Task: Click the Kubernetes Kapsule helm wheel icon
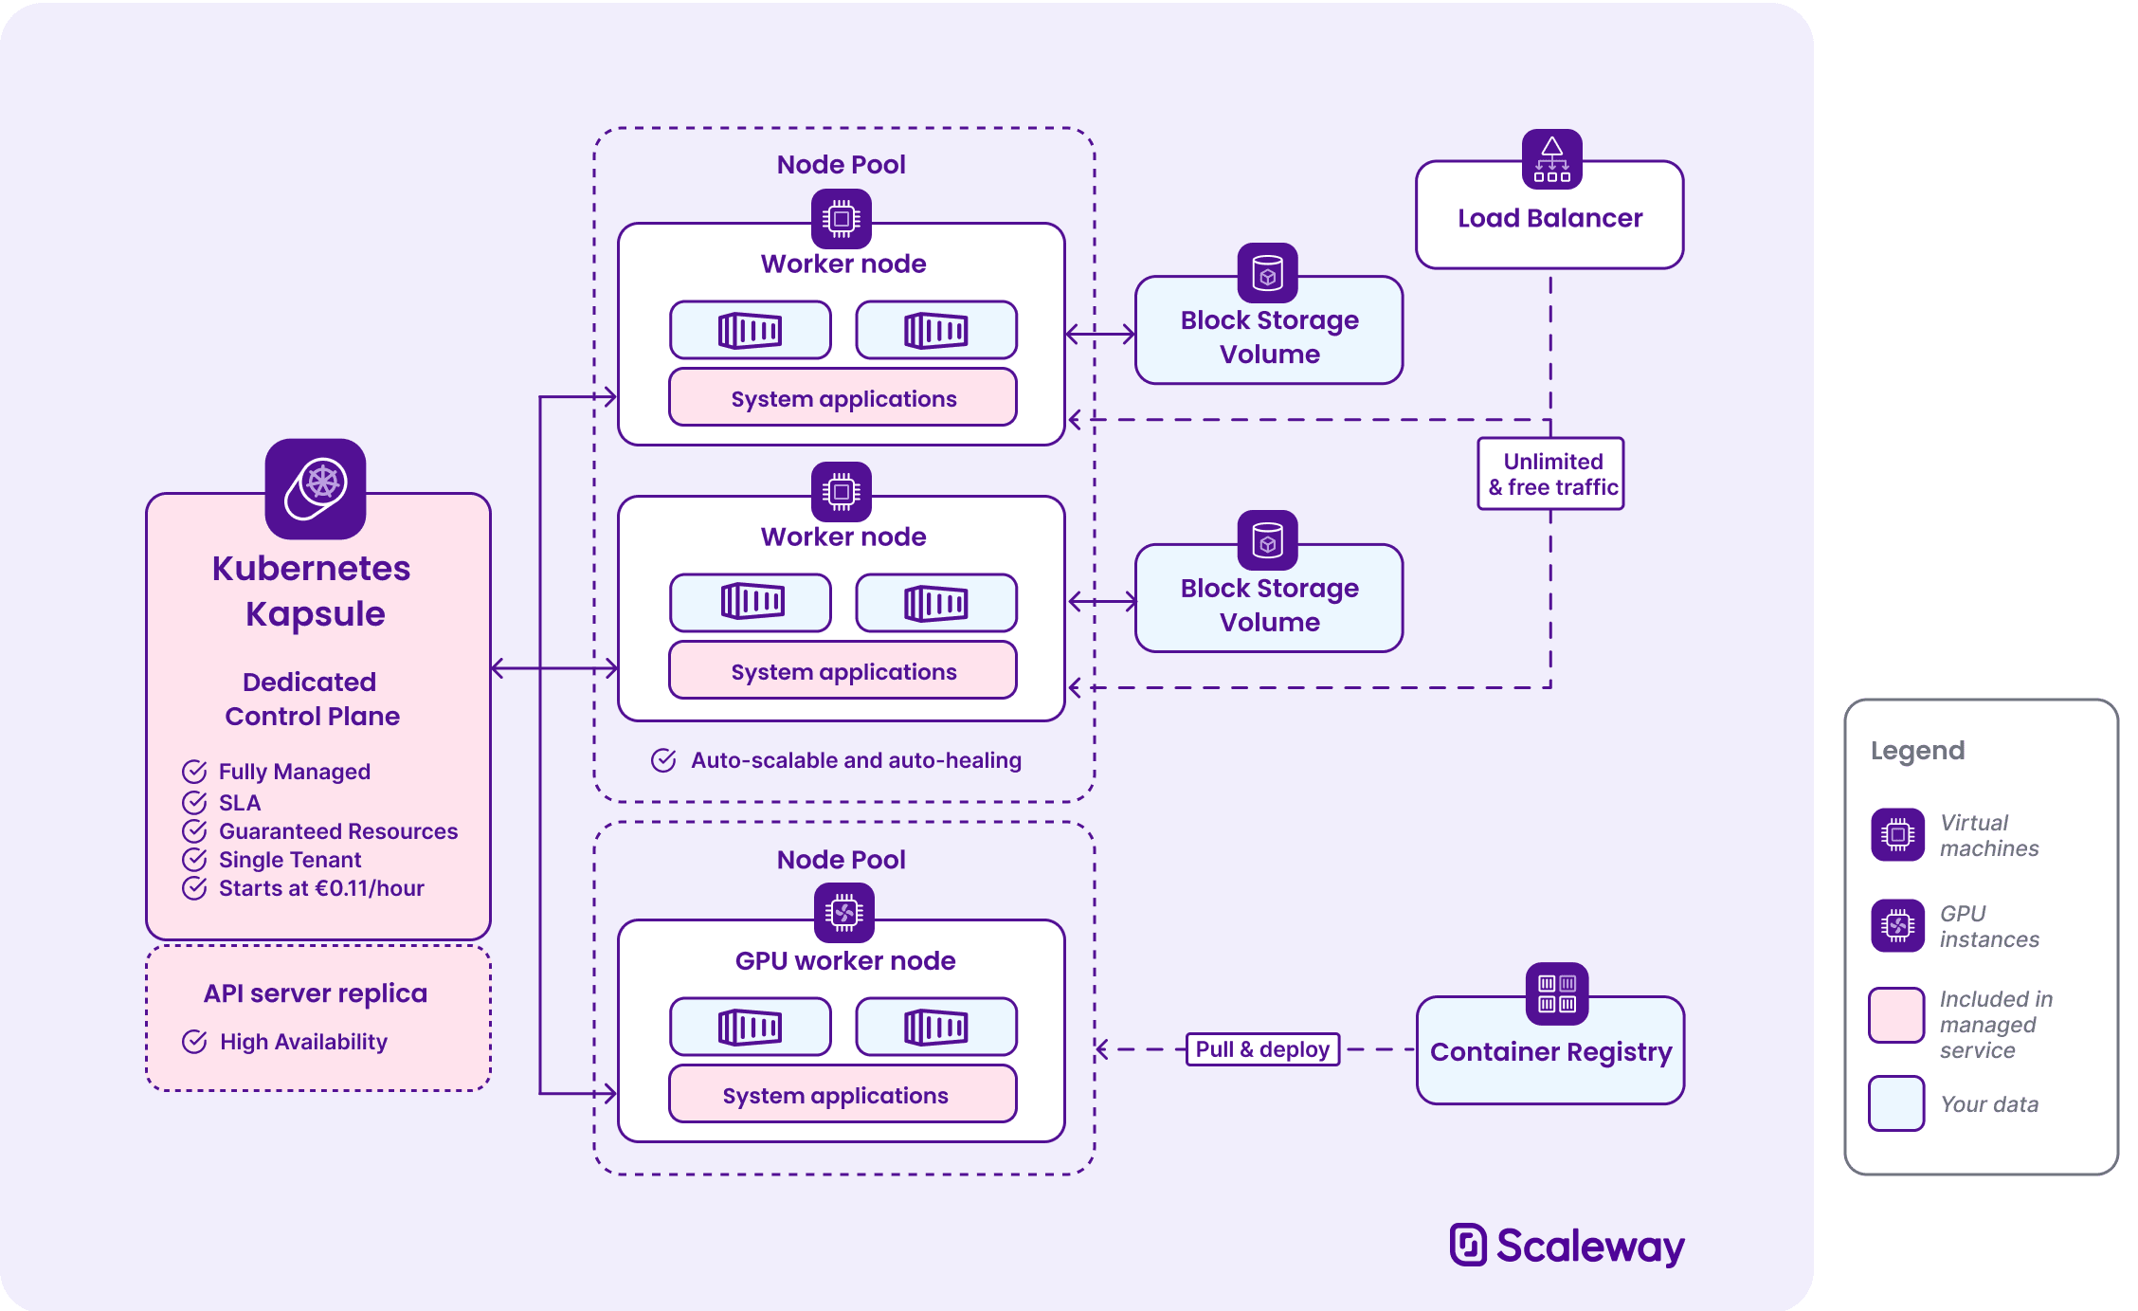[316, 487]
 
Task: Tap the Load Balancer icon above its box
[1551, 159]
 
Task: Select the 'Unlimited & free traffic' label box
[1550, 474]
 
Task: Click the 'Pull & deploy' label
[1262, 1049]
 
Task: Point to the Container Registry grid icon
[1556, 993]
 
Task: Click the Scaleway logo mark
[1468, 1244]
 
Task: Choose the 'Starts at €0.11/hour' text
[321, 888]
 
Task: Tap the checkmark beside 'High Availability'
[194, 1042]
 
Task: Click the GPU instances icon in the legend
[1897, 925]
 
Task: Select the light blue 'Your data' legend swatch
[1895, 1103]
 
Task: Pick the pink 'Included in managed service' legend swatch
[1895, 1014]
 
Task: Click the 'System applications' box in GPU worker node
[843, 1095]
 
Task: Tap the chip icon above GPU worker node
[843, 913]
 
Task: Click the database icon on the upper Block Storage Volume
[1267, 273]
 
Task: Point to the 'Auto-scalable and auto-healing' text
[855, 760]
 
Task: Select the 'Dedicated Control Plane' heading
[311, 699]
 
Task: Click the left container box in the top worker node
[750, 330]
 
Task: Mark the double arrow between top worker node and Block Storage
[1100, 334]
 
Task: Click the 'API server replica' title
[315, 992]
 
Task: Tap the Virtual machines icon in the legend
[1897, 834]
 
